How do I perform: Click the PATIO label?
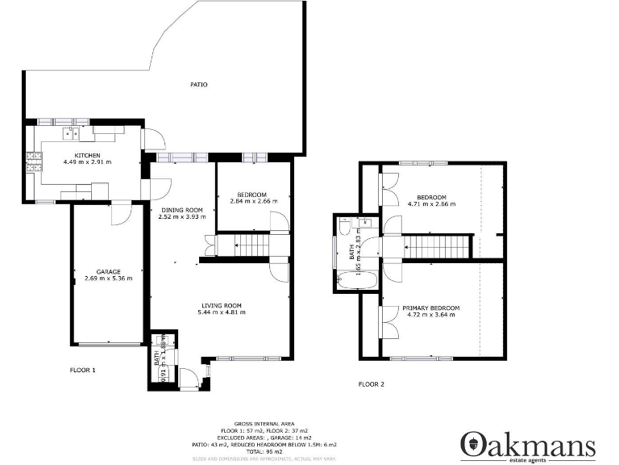[x=198, y=84]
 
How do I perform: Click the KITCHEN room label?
[x=87, y=155]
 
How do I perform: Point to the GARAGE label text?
[x=108, y=272]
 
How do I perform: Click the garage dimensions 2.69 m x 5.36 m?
[x=108, y=279]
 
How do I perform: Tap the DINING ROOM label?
[x=181, y=210]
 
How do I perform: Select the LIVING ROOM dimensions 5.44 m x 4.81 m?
[x=222, y=312]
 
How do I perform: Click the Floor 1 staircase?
[x=243, y=243]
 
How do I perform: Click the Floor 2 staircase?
[x=435, y=246]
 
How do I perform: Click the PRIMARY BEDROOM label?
[x=431, y=308]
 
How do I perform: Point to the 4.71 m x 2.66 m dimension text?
[x=431, y=204]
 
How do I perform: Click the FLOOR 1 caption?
[x=82, y=370]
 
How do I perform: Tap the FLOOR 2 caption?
[x=371, y=384]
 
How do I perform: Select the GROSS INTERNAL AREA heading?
[x=264, y=424]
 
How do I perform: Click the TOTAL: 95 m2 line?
[x=264, y=452]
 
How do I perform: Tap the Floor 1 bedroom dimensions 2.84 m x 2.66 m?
[x=253, y=201]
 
